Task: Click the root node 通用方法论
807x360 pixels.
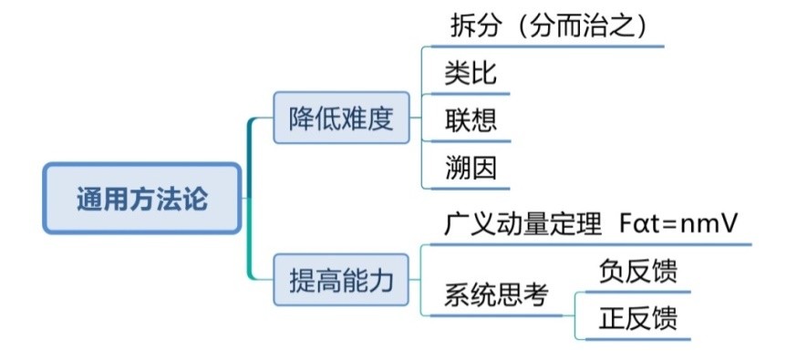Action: coord(142,199)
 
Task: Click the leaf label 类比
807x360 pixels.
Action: coord(471,73)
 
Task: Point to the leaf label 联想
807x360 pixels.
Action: coord(471,120)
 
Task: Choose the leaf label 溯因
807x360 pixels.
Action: coord(471,168)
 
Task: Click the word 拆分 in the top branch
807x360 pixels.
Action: coord(475,26)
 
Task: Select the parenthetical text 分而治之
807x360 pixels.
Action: coord(583,26)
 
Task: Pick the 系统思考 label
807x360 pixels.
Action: coord(496,295)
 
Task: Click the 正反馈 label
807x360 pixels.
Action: coord(638,319)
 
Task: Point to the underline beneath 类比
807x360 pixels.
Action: coord(466,93)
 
